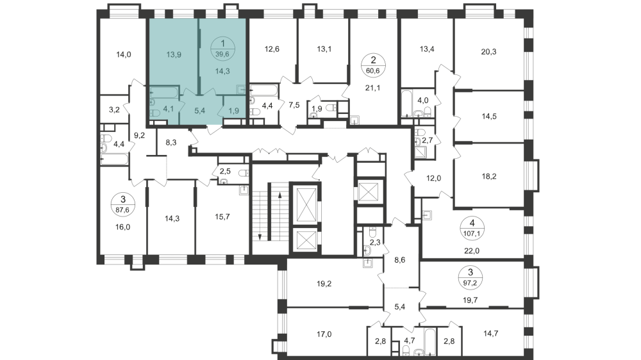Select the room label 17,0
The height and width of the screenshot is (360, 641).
click(x=324, y=334)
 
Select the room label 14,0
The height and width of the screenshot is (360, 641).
click(x=124, y=55)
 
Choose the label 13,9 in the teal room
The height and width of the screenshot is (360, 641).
click(x=173, y=55)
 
